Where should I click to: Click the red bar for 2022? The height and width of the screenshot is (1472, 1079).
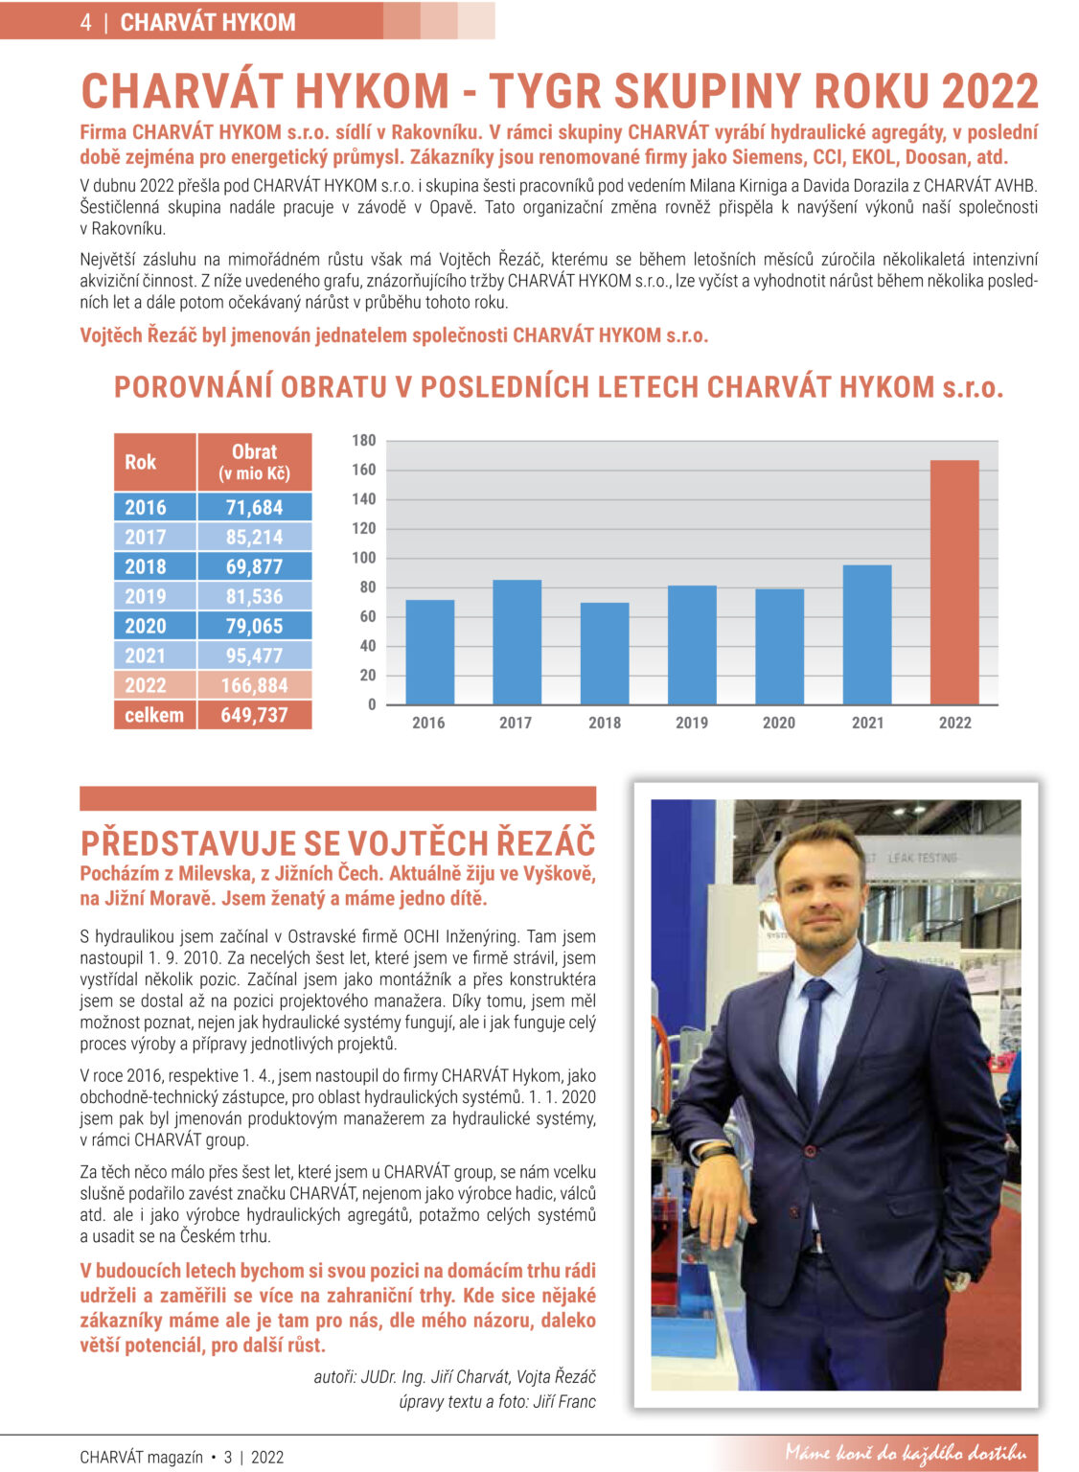[954, 583]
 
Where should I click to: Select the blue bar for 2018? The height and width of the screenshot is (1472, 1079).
[605, 654]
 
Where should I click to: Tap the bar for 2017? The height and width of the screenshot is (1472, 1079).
[517, 642]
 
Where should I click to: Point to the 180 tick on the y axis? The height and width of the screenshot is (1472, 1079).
[364, 441]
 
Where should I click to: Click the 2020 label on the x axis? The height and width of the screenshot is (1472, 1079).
[778, 723]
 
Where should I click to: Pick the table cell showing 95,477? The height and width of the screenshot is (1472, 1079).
[254, 655]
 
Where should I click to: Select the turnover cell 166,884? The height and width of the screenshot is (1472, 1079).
[254, 685]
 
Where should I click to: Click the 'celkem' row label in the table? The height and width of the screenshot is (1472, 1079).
[154, 715]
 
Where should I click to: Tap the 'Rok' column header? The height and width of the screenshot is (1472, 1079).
[141, 462]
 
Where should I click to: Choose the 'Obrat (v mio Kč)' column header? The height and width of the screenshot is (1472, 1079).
[254, 462]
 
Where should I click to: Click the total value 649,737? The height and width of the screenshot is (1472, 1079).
[254, 715]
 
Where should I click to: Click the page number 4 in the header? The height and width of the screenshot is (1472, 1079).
[86, 22]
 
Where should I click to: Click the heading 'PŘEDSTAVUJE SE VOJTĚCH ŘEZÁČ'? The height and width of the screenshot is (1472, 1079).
[337, 843]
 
